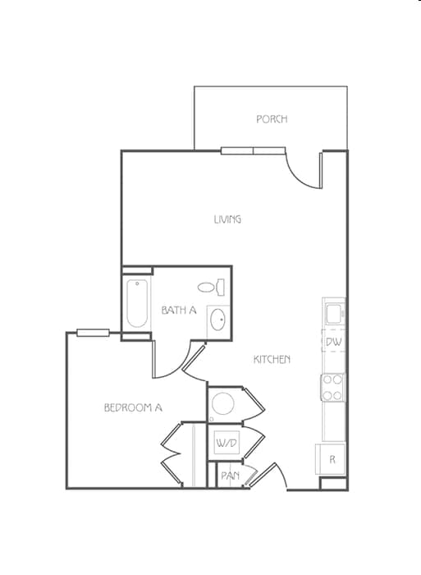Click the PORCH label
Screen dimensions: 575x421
(272, 119)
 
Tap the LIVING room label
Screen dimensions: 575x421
(227, 219)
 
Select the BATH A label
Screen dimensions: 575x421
(179, 310)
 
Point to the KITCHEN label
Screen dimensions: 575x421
(272, 359)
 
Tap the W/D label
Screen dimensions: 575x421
(226, 444)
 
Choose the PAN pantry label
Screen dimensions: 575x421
(230, 476)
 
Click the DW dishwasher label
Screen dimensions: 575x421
(333, 342)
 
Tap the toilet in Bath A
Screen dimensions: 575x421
(212, 287)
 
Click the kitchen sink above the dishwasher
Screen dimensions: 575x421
(334, 313)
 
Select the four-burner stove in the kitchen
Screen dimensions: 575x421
(333, 388)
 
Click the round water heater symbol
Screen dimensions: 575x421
(223, 403)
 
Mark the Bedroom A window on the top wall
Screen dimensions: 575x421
(93, 333)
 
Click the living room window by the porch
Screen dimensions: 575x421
(253, 150)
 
